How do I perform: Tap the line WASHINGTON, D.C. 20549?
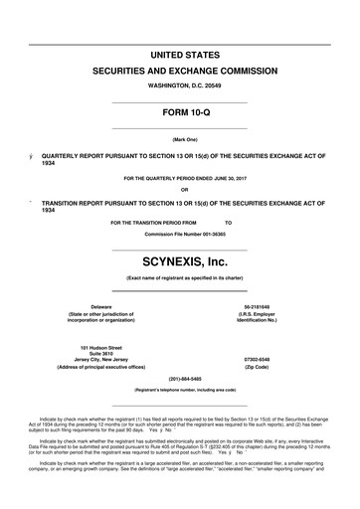click(x=179, y=86)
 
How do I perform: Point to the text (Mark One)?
click(x=179, y=140)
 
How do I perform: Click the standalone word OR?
click(x=179, y=190)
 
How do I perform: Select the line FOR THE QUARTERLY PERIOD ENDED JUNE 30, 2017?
click(x=179, y=179)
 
